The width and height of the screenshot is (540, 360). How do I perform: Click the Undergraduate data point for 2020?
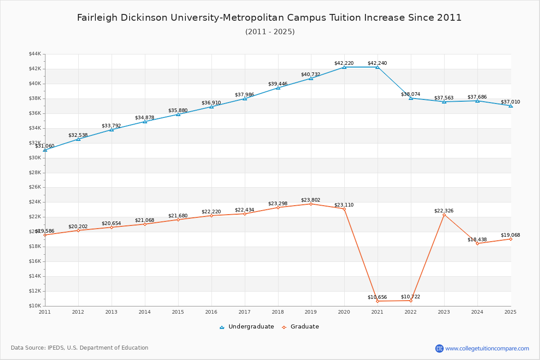[x=344, y=67]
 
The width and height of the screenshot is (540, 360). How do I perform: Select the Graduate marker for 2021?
[x=378, y=301]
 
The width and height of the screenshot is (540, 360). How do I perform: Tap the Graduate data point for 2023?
[x=444, y=215]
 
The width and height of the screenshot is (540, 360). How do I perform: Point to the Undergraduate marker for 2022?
[x=411, y=98]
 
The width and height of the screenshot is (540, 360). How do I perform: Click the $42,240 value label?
[x=377, y=63]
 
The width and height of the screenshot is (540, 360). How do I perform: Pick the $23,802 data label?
[x=310, y=200]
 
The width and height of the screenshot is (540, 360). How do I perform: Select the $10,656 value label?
[x=377, y=297]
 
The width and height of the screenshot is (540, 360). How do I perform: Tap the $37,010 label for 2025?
[x=510, y=102]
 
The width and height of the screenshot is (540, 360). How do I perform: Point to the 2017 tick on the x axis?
[x=244, y=311]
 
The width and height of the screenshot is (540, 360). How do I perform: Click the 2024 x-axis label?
[x=477, y=311]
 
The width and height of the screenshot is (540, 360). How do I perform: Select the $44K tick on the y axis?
[x=35, y=54]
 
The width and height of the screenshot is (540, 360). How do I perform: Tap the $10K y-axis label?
[x=35, y=306]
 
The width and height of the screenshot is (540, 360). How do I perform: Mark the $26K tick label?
[x=35, y=187]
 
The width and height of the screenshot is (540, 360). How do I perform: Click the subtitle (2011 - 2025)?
[x=270, y=32]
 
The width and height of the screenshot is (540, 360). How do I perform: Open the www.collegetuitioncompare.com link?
[x=487, y=348]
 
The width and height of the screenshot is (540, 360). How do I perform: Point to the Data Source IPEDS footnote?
[x=80, y=348]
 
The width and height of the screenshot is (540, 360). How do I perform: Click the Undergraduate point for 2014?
[x=145, y=121]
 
